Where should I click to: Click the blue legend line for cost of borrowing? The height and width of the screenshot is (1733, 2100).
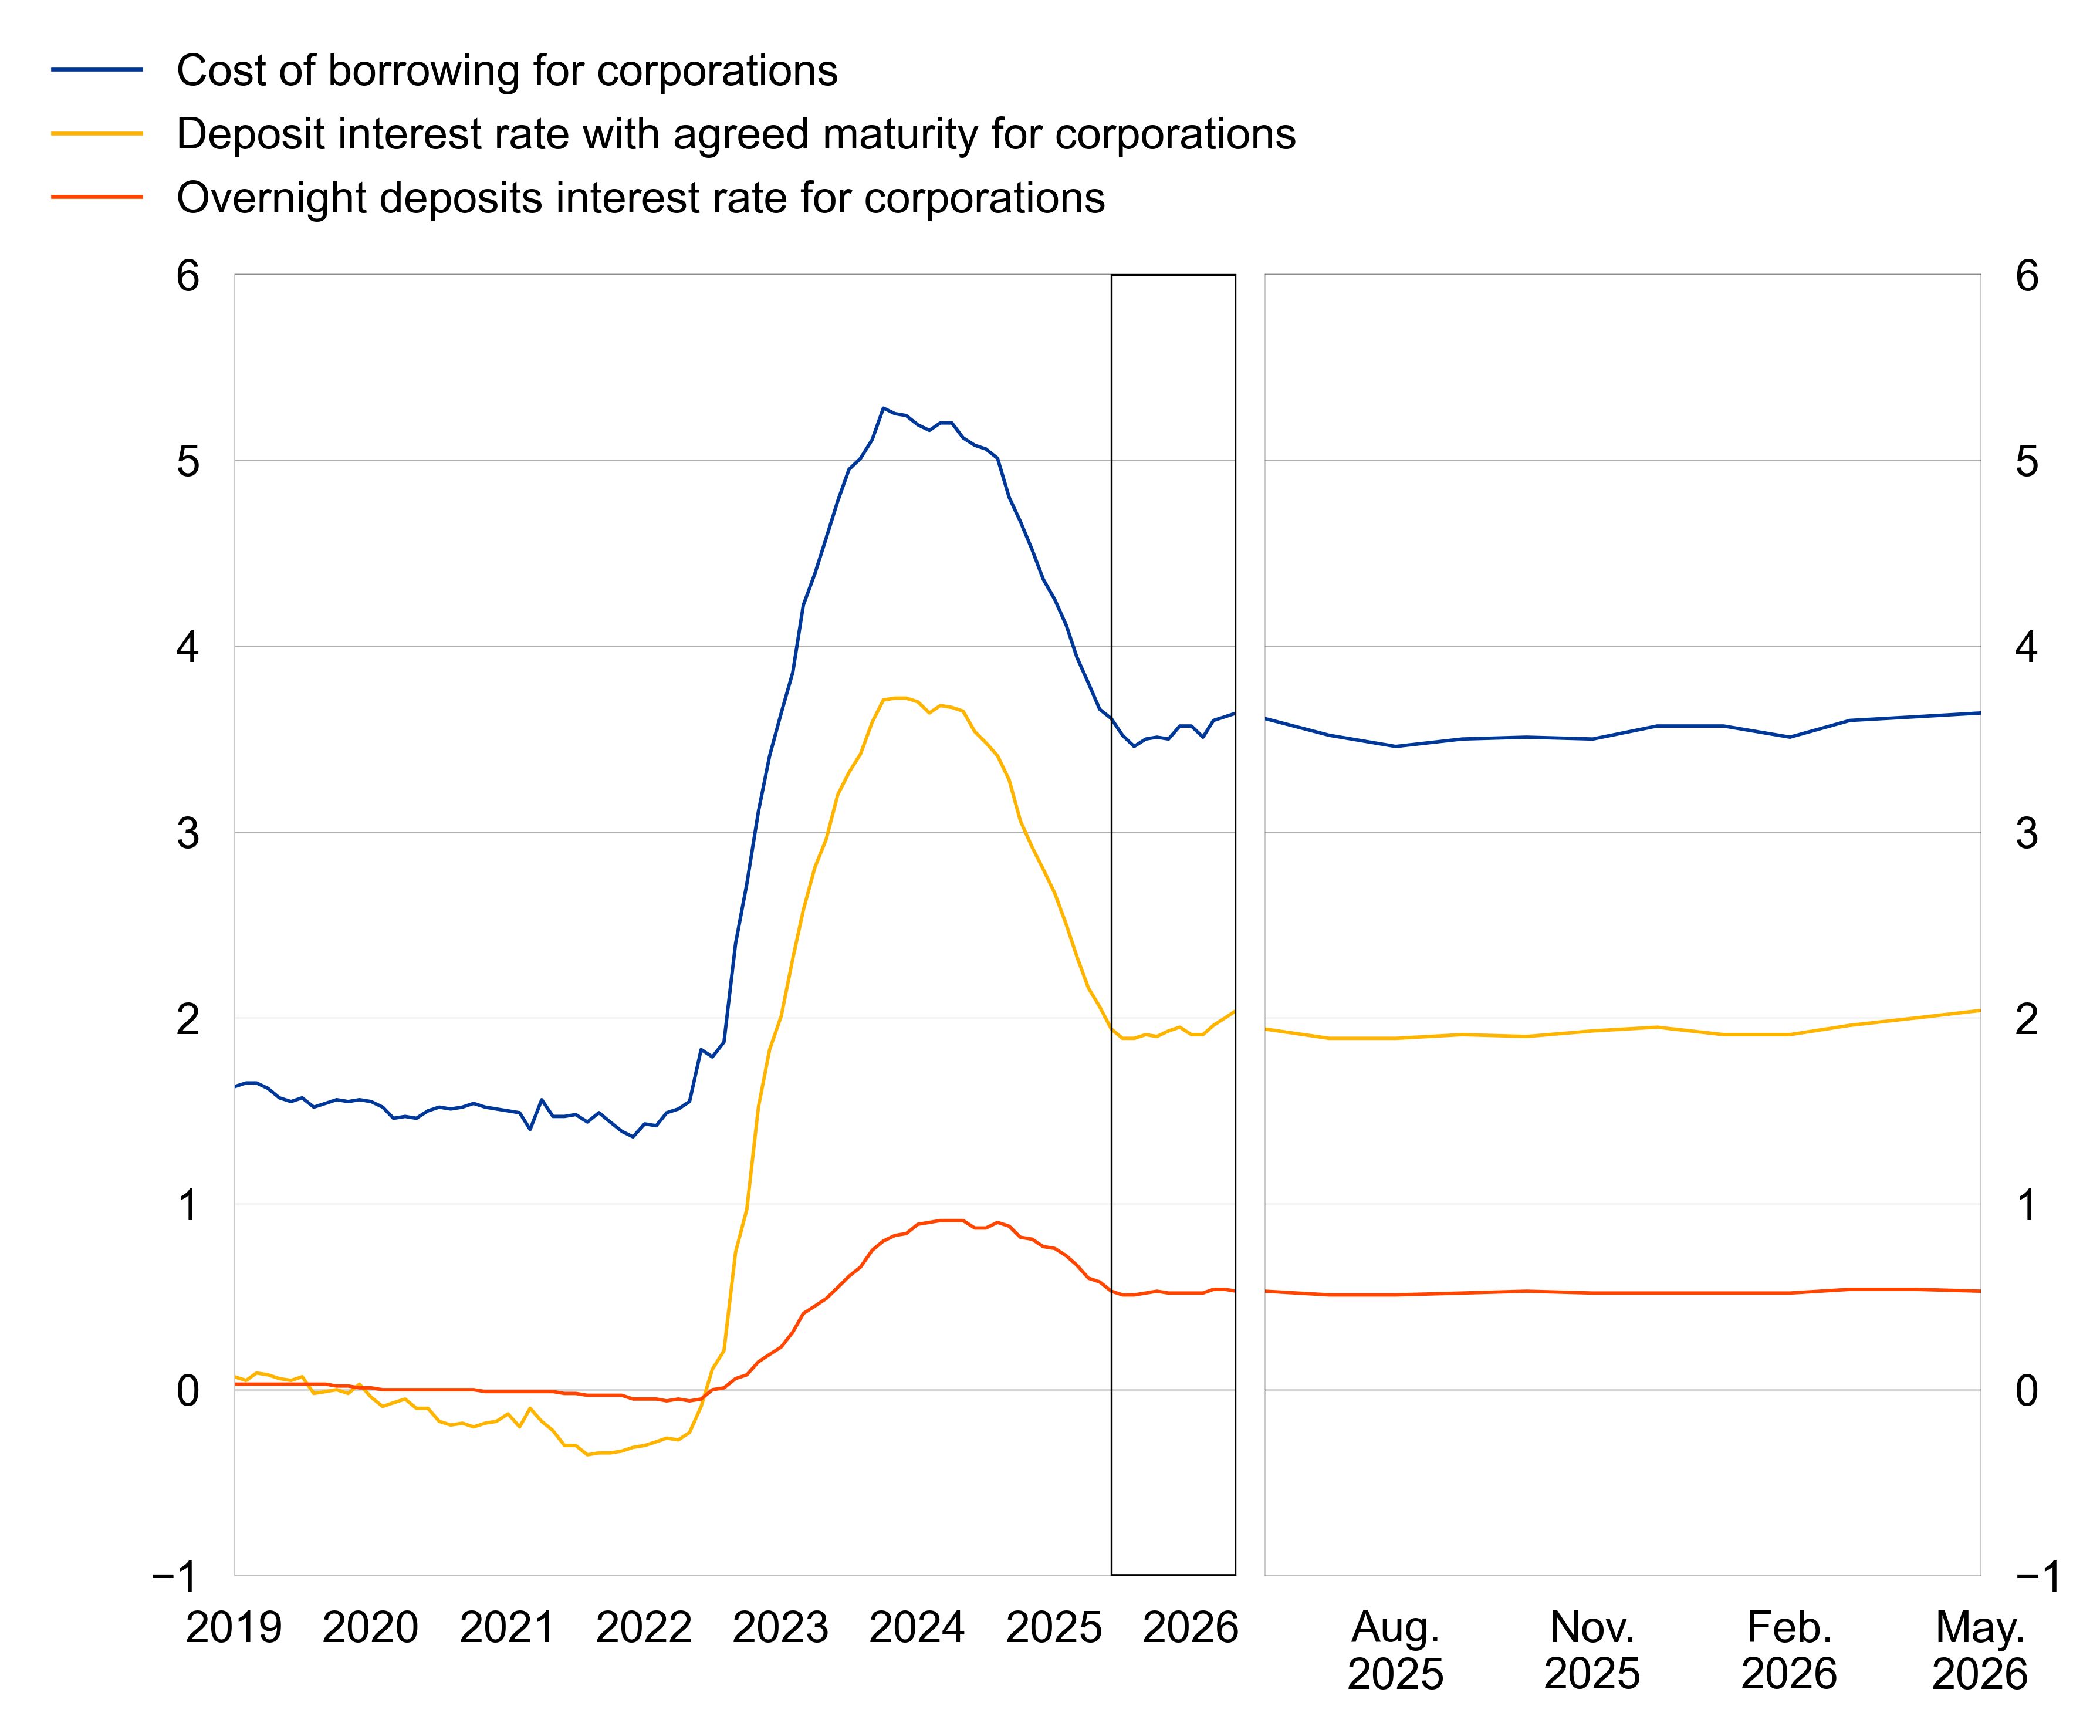(x=97, y=70)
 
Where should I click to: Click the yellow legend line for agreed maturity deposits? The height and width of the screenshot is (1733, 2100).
(x=97, y=134)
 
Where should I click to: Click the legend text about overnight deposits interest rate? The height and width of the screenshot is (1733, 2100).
(x=641, y=198)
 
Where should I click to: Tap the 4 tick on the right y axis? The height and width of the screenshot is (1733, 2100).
(x=2026, y=647)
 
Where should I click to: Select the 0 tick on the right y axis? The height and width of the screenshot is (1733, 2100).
(x=2026, y=1391)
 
